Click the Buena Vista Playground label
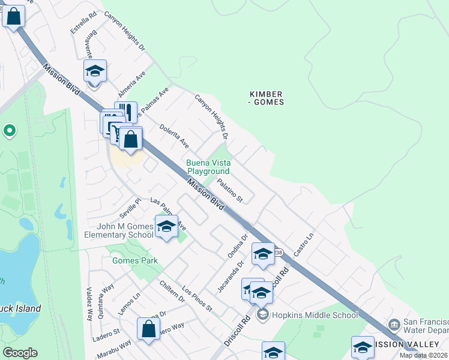click(208, 167)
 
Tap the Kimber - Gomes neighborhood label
click(267, 98)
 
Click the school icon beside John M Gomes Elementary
click(166, 226)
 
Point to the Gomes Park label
click(135, 260)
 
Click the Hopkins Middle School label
click(315, 315)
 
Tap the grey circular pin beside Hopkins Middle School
click(262, 314)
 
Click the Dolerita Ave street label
click(174, 137)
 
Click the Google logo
click(20, 353)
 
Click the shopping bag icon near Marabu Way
click(148, 329)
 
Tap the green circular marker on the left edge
click(9, 130)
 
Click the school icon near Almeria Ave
click(95, 71)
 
